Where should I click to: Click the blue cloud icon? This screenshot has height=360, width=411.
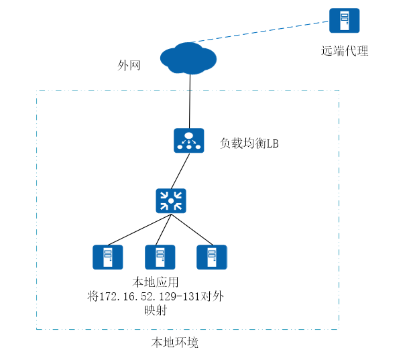(x=188, y=58)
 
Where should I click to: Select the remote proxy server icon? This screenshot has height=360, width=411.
(x=344, y=21)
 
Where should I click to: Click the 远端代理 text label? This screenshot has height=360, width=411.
(x=345, y=51)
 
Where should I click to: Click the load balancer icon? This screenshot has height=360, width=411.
(x=189, y=140)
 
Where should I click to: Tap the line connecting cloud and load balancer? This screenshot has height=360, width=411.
(x=190, y=101)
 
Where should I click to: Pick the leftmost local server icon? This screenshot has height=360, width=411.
(x=107, y=257)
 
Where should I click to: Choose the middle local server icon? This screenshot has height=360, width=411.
(x=160, y=257)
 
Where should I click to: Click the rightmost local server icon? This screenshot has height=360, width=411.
(x=212, y=257)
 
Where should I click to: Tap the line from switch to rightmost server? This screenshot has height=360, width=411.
(x=194, y=230)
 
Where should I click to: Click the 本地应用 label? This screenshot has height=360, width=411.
(x=156, y=282)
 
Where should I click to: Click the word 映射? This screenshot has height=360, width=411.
(x=156, y=311)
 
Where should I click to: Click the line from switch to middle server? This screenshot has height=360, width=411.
(x=165, y=230)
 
